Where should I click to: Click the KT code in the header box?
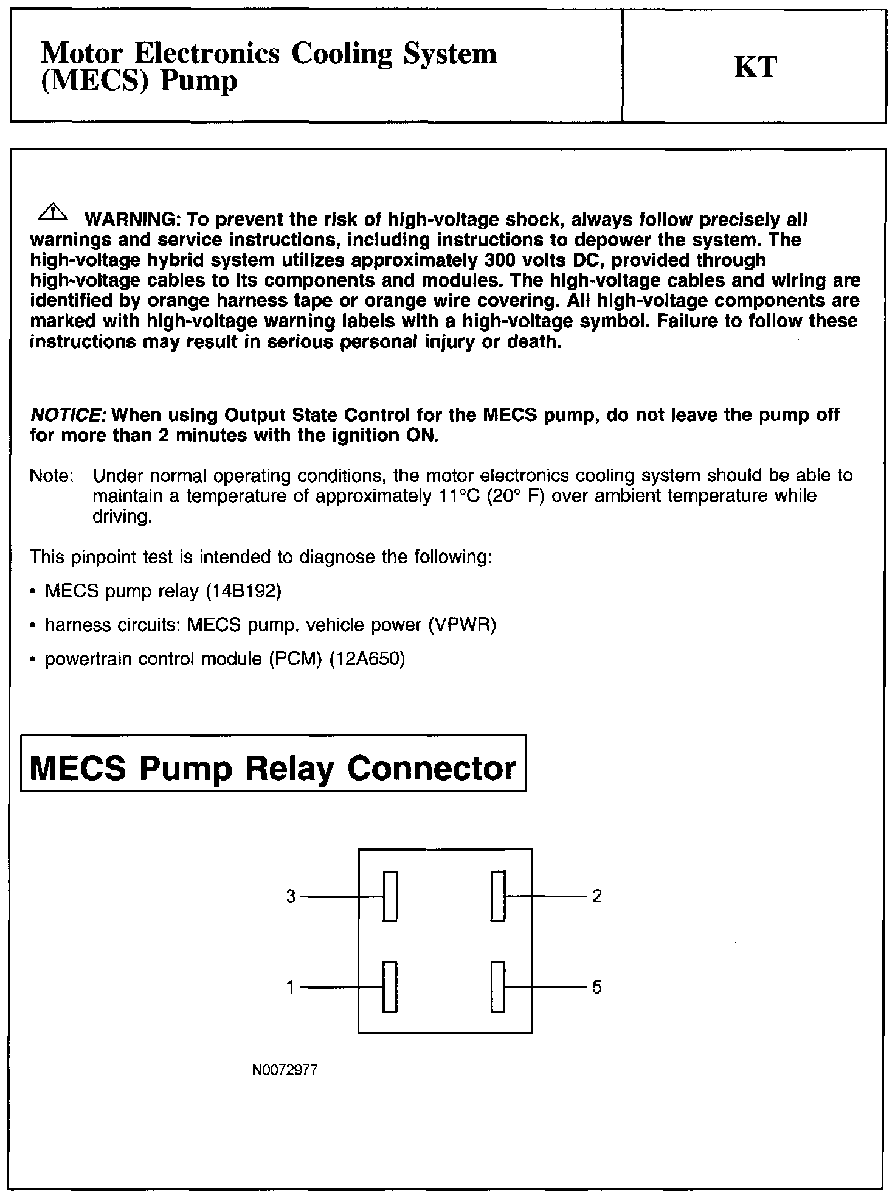click(x=755, y=66)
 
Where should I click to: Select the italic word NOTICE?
click(x=69, y=416)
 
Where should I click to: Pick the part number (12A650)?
click(x=367, y=659)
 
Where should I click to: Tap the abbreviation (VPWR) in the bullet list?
click(x=462, y=625)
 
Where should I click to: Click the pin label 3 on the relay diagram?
click(x=291, y=896)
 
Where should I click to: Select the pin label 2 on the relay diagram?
click(x=596, y=896)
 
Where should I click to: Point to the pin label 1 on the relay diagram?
click(x=291, y=987)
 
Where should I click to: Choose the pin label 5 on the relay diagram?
click(x=596, y=987)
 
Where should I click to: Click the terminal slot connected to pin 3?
click(x=390, y=896)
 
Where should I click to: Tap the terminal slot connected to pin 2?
click(x=498, y=896)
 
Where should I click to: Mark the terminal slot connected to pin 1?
click(x=390, y=987)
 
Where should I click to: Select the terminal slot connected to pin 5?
click(x=498, y=987)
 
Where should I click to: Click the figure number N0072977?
click(x=285, y=1070)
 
